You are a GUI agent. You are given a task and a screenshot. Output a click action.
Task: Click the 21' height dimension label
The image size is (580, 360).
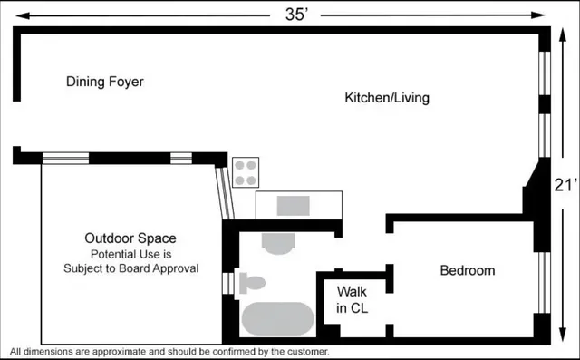tap(565, 185)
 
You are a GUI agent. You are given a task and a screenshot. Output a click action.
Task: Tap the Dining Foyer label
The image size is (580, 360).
tap(105, 82)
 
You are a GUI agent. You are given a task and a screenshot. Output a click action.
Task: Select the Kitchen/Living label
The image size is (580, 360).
tap(387, 97)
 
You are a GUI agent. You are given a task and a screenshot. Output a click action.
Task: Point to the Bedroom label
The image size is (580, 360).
tap(468, 270)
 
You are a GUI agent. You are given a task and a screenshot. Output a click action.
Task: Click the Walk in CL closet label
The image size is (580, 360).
tap(352, 300)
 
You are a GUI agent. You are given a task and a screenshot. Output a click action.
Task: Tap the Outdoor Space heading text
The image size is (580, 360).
tap(130, 238)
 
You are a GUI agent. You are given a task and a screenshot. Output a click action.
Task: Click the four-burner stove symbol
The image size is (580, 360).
tap(246, 171)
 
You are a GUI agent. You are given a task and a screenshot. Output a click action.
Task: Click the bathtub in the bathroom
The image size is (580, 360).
tap(277, 319)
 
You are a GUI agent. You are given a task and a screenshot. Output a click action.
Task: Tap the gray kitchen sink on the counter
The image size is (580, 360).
tap(293, 205)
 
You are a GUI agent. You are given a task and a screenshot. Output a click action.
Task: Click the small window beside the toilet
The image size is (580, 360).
tap(227, 283)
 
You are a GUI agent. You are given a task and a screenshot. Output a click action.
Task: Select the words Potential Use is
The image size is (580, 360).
tap(130, 254)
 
